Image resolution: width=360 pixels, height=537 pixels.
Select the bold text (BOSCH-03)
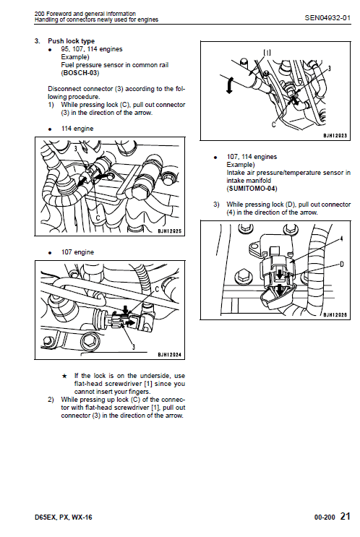tap(80, 73)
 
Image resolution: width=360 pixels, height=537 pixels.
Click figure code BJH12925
tap(171, 231)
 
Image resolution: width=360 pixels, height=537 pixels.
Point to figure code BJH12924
tap(171, 355)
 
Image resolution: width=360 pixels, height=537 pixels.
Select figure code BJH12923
tap(335, 135)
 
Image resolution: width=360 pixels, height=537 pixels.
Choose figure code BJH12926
tap(335, 314)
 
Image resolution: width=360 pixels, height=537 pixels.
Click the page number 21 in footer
tap(345, 516)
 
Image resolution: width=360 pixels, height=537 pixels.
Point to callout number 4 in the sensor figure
tap(341, 239)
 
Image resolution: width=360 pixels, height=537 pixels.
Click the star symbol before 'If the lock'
tap(64, 376)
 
